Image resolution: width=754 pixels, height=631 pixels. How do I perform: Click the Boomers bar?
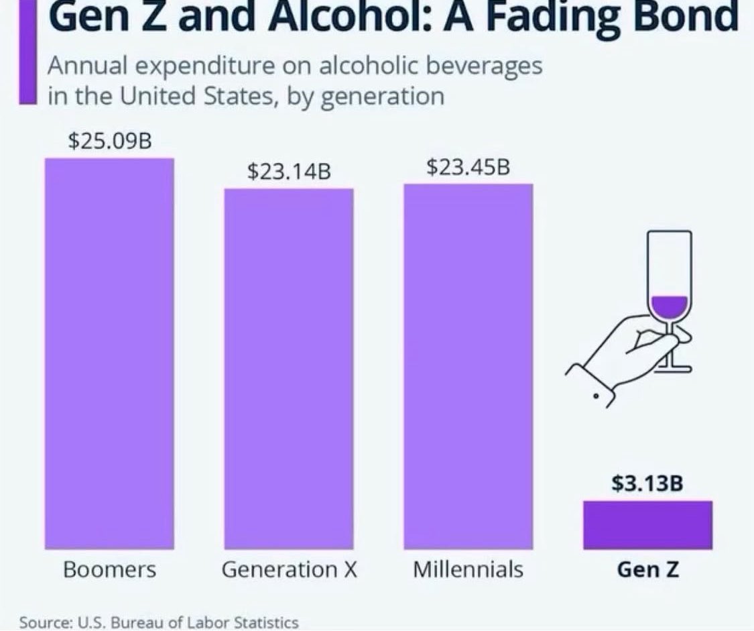coord(109,353)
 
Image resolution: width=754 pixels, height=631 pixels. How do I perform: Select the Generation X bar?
coord(288,368)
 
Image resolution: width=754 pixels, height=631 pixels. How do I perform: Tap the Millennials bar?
coord(468,366)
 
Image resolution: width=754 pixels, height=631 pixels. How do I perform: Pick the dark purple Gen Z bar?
coord(647,525)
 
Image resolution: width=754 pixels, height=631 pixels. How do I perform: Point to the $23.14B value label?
coord(289,172)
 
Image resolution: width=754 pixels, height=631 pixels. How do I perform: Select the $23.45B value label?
coord(468,167)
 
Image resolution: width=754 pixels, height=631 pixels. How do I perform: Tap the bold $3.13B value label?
coord(647,484)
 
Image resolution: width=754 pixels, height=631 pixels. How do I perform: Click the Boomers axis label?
coord(109,570)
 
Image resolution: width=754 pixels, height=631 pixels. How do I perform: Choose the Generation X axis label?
coord(289,570)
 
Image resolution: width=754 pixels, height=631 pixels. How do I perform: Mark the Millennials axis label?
coord(468,570)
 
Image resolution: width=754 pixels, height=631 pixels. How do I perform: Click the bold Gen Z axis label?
coord(647,570)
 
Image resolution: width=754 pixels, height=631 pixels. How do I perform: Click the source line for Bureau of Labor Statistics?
coord(159,622)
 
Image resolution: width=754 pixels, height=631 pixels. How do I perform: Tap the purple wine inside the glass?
coord(670,306)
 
